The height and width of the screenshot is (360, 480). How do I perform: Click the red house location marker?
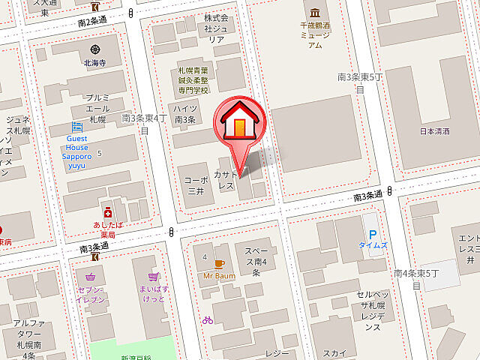239,123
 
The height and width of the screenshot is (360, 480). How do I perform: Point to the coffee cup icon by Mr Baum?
219,263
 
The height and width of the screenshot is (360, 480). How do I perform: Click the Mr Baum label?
219,275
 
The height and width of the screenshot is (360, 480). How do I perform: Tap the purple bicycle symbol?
207,319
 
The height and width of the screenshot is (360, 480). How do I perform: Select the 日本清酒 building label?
435,130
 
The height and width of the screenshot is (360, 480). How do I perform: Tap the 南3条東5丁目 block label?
359,82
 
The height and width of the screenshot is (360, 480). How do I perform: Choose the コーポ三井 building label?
196,185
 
